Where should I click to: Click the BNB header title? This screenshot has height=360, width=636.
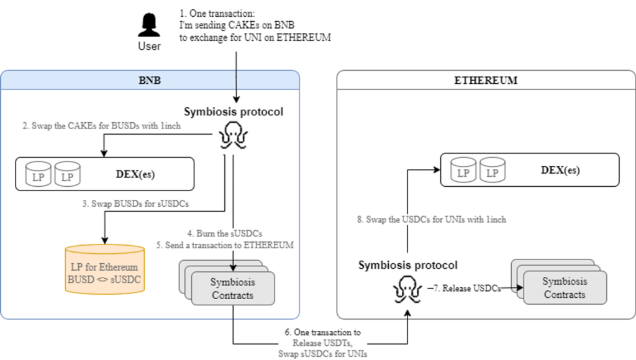pyautogui.click(x=150, y=80)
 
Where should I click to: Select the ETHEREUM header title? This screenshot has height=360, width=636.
pyautogui.click(x=485, y=80)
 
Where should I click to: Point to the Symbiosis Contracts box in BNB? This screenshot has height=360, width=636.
pyautogui.click(x=232, y=289)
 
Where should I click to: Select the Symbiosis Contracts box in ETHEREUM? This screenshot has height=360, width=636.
pyautogui.click(x=564, y=288)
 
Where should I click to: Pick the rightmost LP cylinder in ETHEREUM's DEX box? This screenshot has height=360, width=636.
pyautogui.click(x=493, y=169)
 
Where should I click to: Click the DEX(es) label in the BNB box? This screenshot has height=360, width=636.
pyautogui.click(x=135, y=174)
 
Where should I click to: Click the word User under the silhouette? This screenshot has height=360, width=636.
pyautogui.click(x=149, y=47)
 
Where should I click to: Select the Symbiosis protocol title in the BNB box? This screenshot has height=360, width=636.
pyautogui.click(x=234, y=112)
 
